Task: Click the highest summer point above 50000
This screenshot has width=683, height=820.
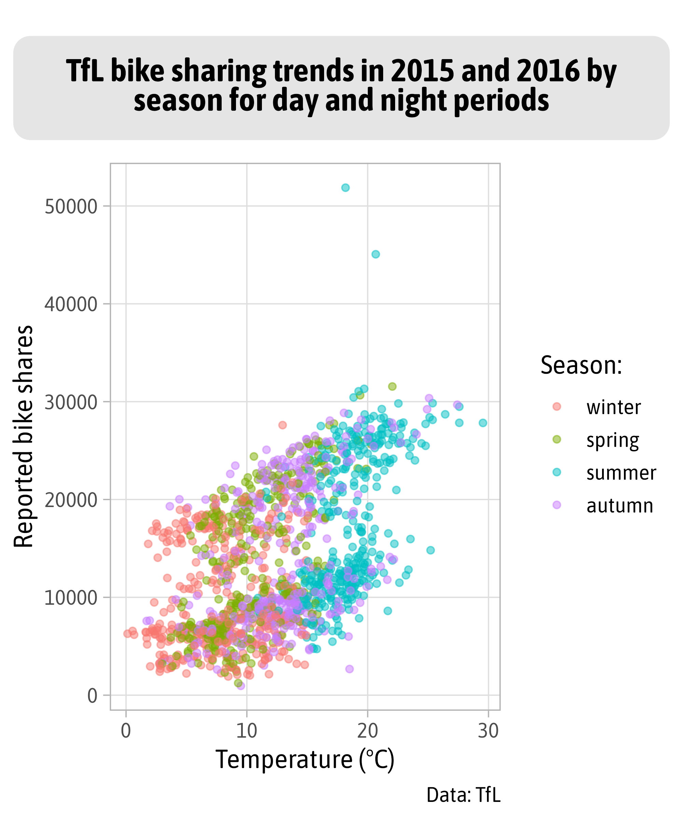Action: (345, 188)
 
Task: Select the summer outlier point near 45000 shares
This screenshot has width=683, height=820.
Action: (375, 254)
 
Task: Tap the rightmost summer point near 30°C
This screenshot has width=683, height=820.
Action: (483, 423)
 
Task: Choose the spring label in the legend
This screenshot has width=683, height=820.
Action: (613, 441)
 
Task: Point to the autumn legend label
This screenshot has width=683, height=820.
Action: (620, 506)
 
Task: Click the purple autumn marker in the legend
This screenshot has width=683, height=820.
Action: (557, 505)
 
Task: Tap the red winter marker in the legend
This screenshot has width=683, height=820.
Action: (557, 407)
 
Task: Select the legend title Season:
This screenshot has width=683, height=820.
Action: (581, 366)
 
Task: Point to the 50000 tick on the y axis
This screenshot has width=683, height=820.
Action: (71, 207)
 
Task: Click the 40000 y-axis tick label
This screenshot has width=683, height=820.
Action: (71, 304)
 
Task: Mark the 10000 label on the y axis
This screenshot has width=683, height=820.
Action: (71, 598)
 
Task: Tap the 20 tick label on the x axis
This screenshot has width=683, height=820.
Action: (367, 731)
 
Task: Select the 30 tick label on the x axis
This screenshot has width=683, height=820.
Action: (488, 731)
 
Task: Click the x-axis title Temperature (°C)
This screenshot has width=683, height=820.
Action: (305, 760)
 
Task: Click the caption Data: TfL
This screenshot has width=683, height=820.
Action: (463, 795)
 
